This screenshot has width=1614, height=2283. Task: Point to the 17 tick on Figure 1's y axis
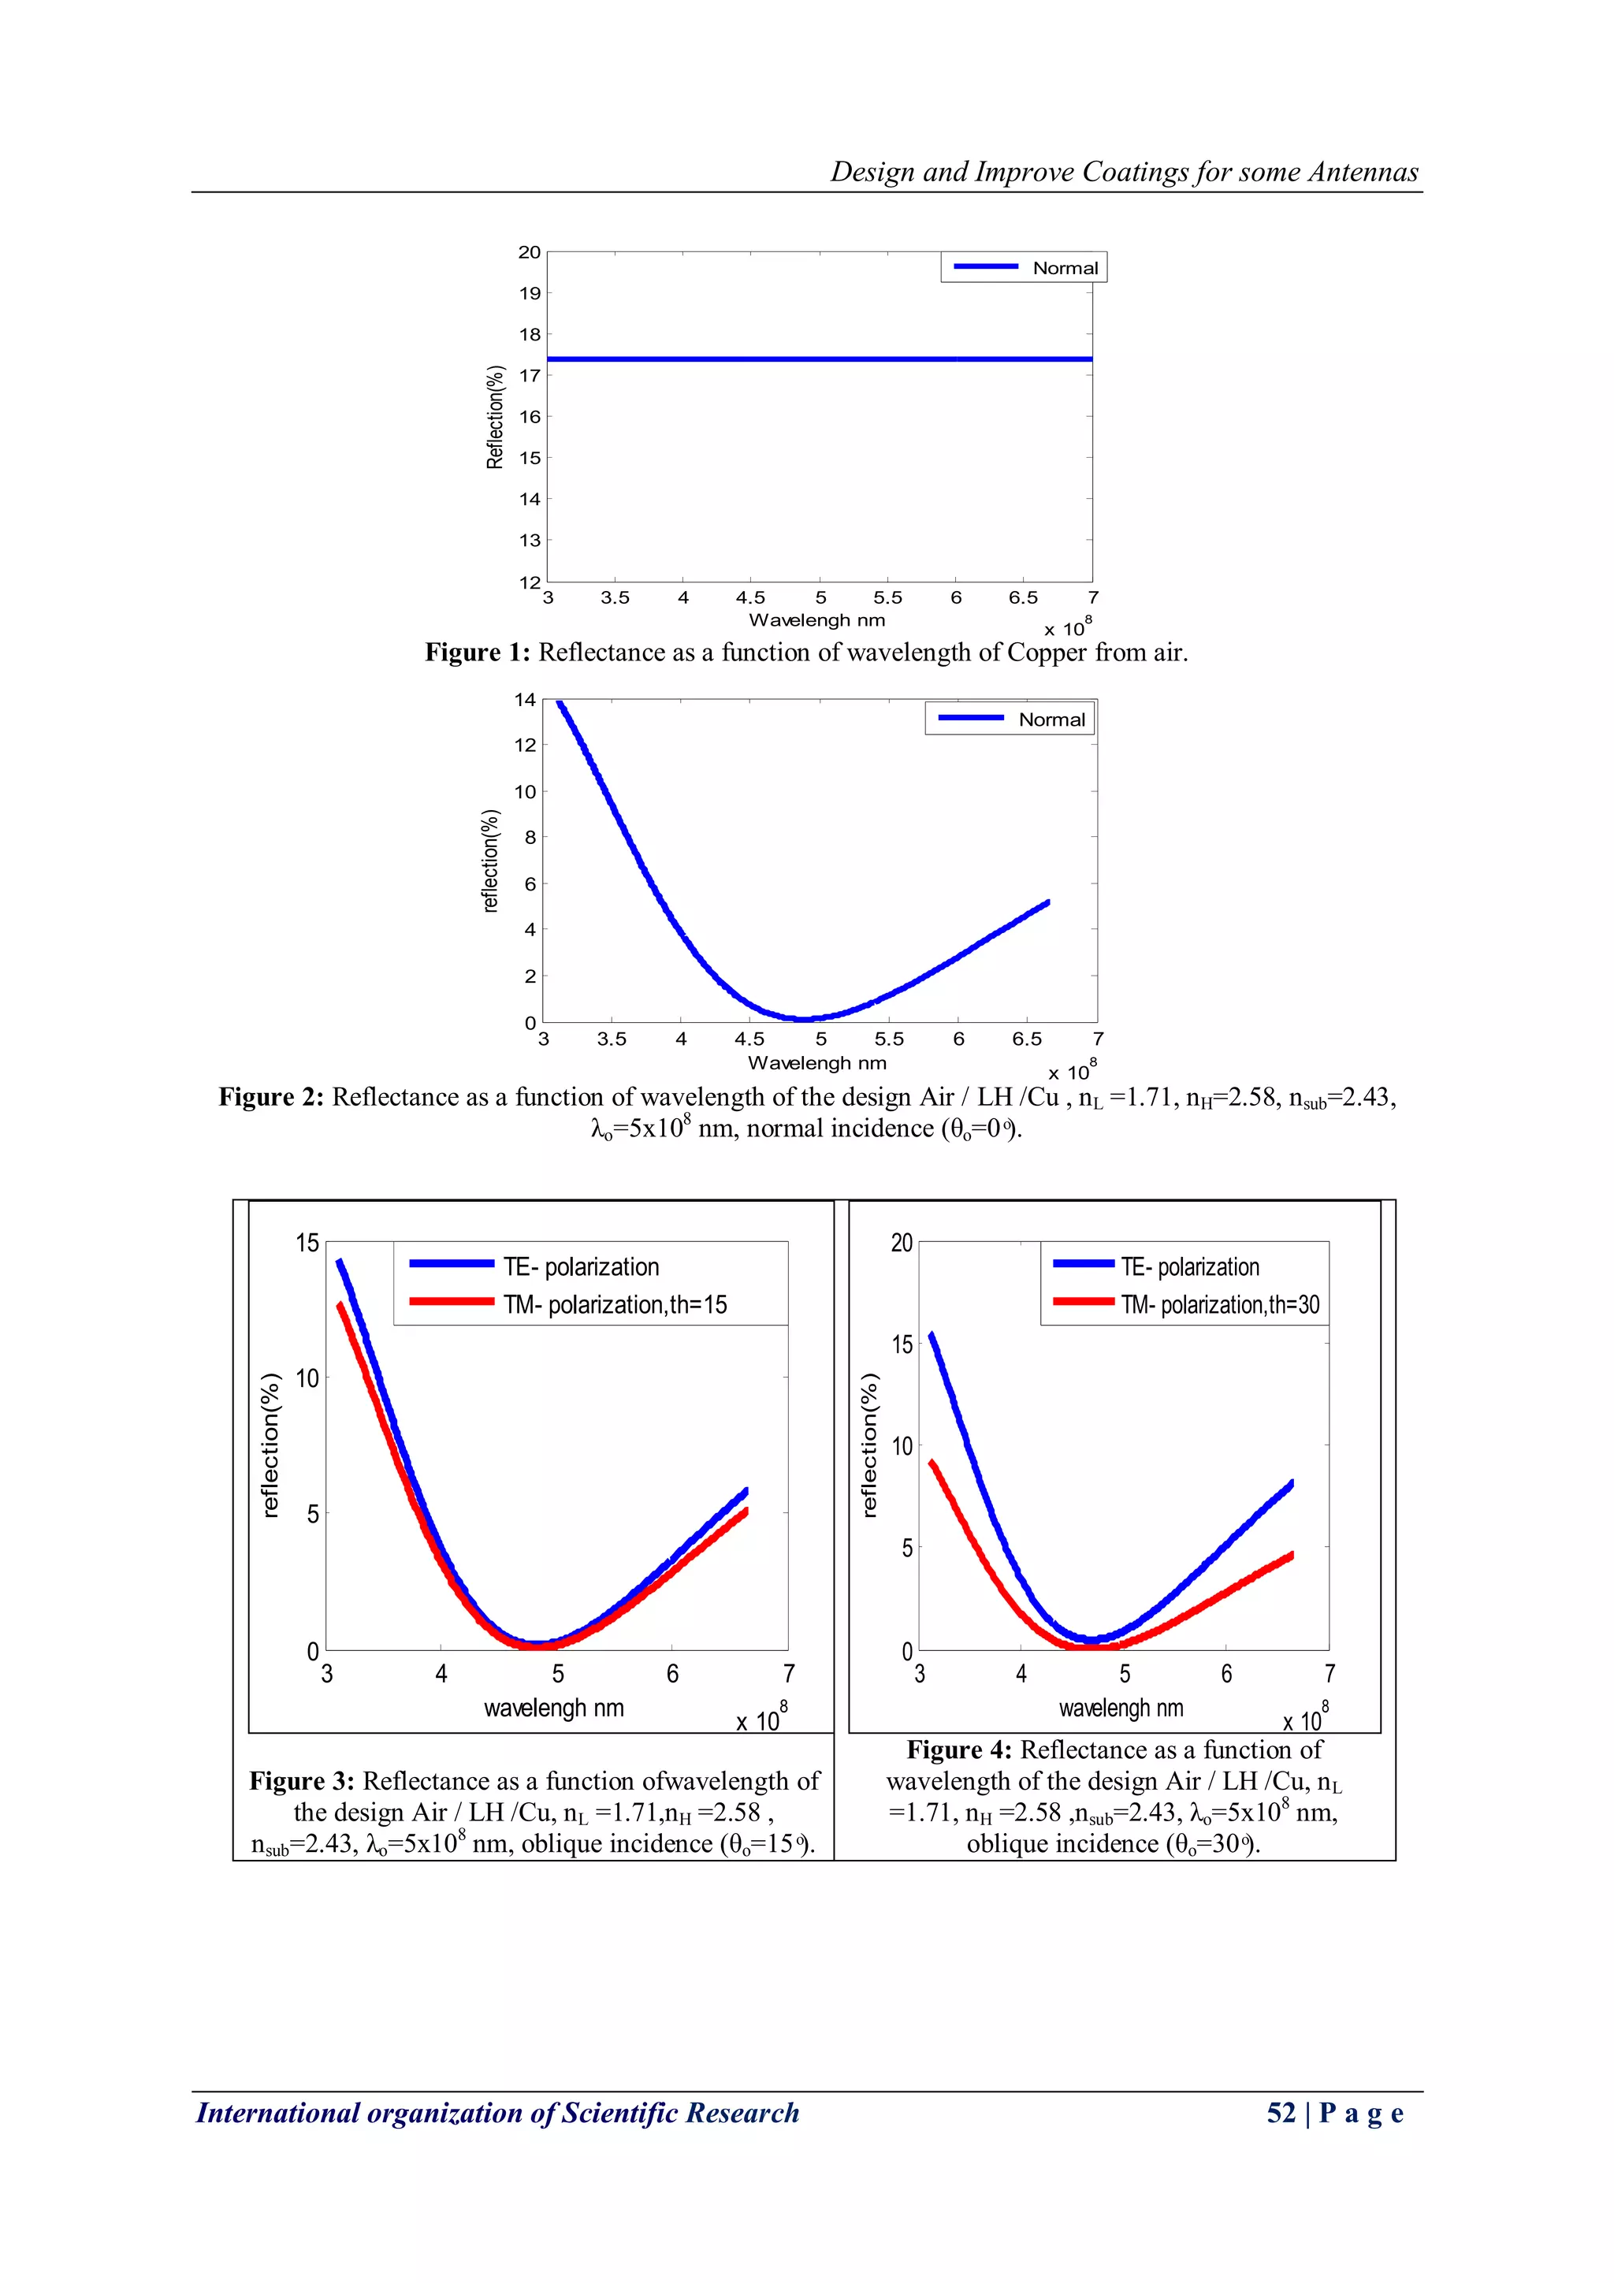pos(530,376)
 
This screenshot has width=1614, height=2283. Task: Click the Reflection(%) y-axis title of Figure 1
pos(495,417)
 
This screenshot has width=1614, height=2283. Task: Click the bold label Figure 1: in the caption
pos(478,653)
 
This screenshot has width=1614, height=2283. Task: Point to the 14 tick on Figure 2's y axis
pos(525,700)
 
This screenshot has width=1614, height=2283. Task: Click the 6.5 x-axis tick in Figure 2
pos(1028,1039)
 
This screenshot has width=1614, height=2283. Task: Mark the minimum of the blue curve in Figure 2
pos(801,1018)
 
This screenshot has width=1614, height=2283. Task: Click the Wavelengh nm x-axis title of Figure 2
pos(816,1063)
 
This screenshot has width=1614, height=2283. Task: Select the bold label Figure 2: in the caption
pos(270,1097)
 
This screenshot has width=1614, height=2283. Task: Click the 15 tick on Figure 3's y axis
pos(307,1243)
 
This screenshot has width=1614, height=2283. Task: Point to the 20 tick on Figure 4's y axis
pos(901,1243)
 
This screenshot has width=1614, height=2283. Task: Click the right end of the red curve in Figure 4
pos(1291,1554)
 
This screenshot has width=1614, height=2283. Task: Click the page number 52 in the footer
pos(1281,2113)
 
